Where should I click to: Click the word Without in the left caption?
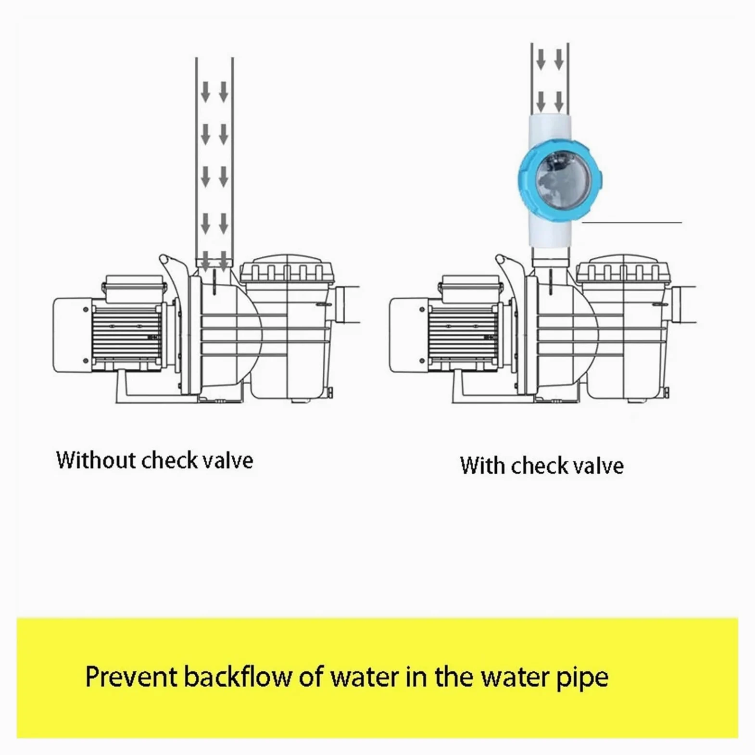tap(96, 460)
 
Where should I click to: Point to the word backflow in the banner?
tap(238, 677)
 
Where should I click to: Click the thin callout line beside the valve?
tap(632, 222)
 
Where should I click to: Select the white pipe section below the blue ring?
tap(550, 231)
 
